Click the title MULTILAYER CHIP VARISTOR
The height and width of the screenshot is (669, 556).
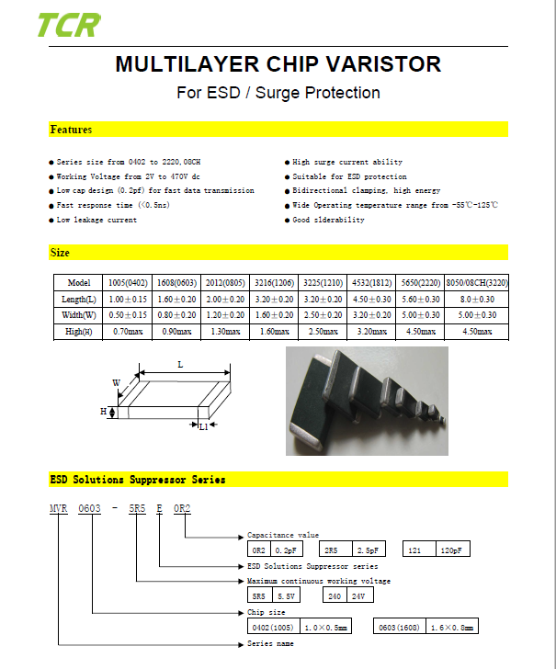pos(278,64)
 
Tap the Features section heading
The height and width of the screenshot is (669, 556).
pos(71,130)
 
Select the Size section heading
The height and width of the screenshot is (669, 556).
pos(60,252)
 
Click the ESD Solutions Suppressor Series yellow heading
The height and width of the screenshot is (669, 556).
pos(137,479)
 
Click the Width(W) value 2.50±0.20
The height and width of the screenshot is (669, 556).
pos(323,315)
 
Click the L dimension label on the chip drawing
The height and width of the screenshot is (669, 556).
pos(180,365)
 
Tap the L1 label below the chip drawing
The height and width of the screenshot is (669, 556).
pos(203,426)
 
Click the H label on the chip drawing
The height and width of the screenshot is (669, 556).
pos(103,413)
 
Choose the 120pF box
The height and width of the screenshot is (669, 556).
pos(451,549)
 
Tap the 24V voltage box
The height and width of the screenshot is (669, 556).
pos(357,595)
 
